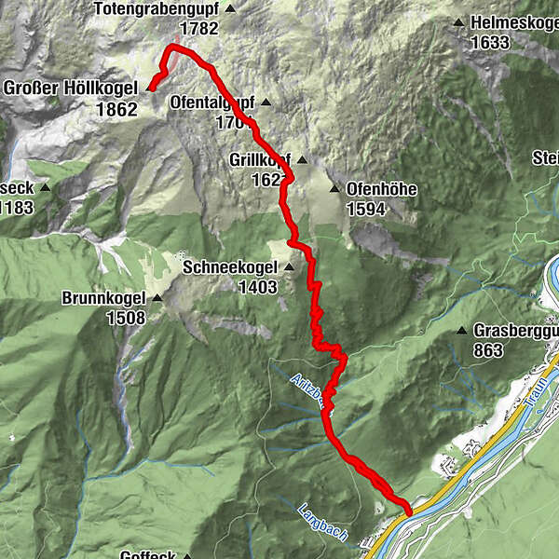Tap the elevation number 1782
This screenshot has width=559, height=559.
coord(200,28)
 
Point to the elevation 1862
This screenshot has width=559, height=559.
coord(116,108)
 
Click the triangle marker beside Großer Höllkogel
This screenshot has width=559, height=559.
coord(149,89)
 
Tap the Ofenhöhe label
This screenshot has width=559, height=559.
coord(381,189)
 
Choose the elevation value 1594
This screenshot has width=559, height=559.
coord(366,209)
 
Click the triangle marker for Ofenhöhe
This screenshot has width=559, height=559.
coord(334,189)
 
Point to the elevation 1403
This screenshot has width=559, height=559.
coord(257,288)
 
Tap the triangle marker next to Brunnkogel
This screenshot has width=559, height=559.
coord(157,299)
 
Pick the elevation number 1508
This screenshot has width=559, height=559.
coord(126,319)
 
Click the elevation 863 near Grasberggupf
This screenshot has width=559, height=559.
coord(487,350)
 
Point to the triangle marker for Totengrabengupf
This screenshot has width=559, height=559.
coord(230,8)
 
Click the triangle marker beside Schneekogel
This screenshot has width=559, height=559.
coord(288,268)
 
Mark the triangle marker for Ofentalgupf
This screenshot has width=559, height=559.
coord(265,102)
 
